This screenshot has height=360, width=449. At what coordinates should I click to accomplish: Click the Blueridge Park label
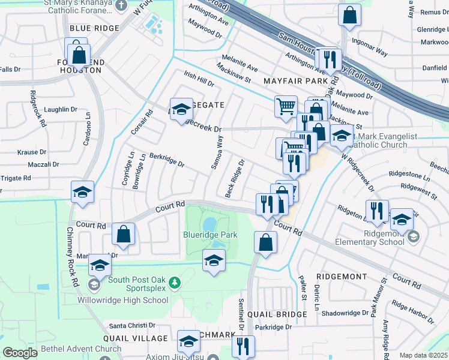tap(210, 235)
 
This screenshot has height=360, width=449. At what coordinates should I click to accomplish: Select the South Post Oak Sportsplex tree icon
tap(174, 281)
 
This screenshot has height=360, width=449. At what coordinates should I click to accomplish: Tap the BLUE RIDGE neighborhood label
tap(94, 28)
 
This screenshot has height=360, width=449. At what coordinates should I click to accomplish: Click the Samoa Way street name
tap(216, 152)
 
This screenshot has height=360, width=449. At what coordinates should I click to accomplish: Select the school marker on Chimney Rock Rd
tap(82, 192)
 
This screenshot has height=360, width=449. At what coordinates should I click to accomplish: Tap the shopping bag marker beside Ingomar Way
tap(349, 14)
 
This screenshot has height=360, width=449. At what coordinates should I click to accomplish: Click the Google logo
tap(20, 353)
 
